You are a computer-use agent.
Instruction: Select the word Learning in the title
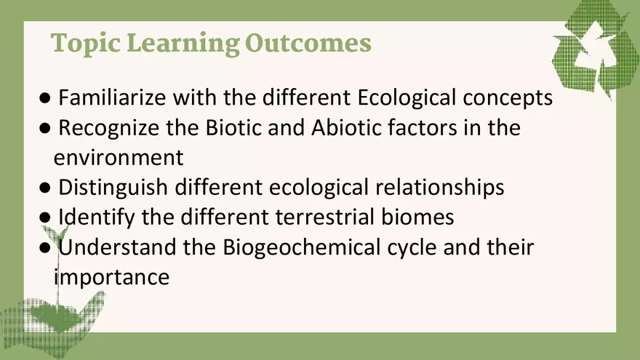click(182, 44)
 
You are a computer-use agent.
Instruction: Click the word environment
click(118, 157)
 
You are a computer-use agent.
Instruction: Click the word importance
click(112, 277)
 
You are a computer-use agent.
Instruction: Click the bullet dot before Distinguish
click(45, 188)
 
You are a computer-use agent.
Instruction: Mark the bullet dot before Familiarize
click(45, 97)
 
